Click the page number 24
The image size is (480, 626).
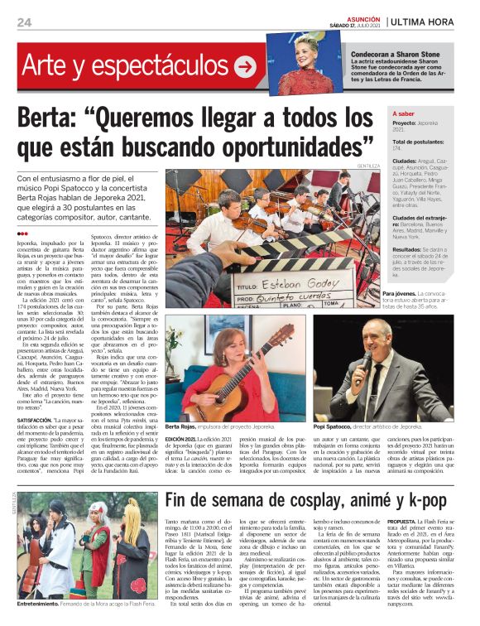[x=25, y=22]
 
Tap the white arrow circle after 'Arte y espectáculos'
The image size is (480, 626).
[x=245, y=68]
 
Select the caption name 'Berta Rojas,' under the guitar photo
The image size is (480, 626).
[x=181, y=426]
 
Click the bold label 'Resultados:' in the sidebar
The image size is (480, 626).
[x=407, y=248]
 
